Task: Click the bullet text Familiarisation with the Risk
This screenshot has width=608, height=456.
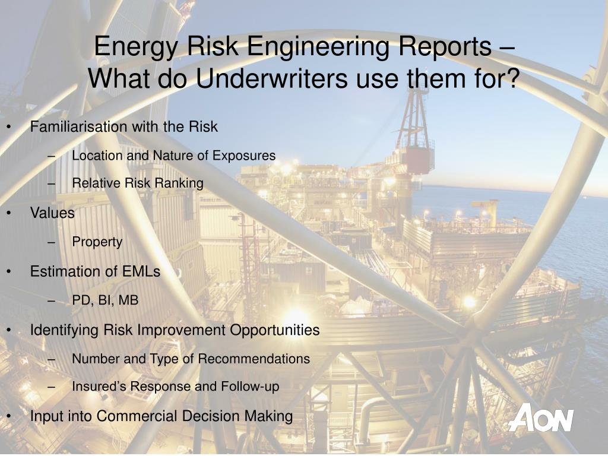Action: click(x=124, y=126)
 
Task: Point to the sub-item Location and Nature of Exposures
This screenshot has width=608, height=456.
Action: click(x=173, y=156)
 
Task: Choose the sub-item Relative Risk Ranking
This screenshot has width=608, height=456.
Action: click(x=138, y=183)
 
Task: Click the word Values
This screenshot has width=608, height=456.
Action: click(x=52, y=213)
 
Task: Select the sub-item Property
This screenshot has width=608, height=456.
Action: click(x=97, y=242)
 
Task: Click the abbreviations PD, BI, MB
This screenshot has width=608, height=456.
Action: click(x=105, y=300)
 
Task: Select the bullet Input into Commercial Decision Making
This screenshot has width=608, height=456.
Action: click(x=161, y=416)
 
